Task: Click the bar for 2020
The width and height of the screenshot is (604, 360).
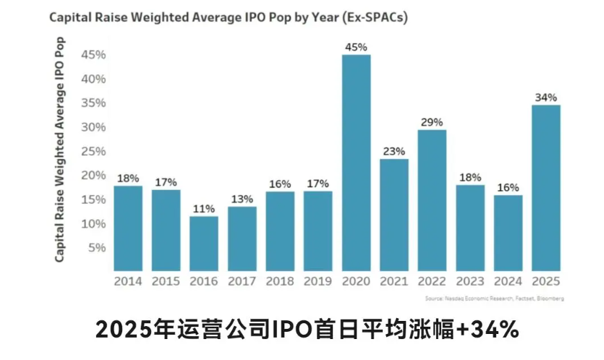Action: (356, 163)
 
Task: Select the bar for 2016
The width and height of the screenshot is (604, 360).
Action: (204, 243)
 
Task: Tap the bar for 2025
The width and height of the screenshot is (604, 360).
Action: (545, 188)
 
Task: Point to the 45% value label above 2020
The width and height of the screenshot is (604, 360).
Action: (356, 47)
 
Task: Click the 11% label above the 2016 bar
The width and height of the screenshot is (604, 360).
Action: (204, 209)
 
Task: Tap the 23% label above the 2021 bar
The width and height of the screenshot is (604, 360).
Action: (394, 152)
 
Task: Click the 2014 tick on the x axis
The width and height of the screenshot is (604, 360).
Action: (128, 281)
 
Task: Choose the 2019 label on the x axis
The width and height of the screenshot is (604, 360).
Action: (318, 281)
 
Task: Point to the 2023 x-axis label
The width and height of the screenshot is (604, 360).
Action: (469, 281)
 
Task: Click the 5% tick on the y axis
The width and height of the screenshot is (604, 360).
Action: (97, 247)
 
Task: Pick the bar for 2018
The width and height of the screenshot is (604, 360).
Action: (280, 231)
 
